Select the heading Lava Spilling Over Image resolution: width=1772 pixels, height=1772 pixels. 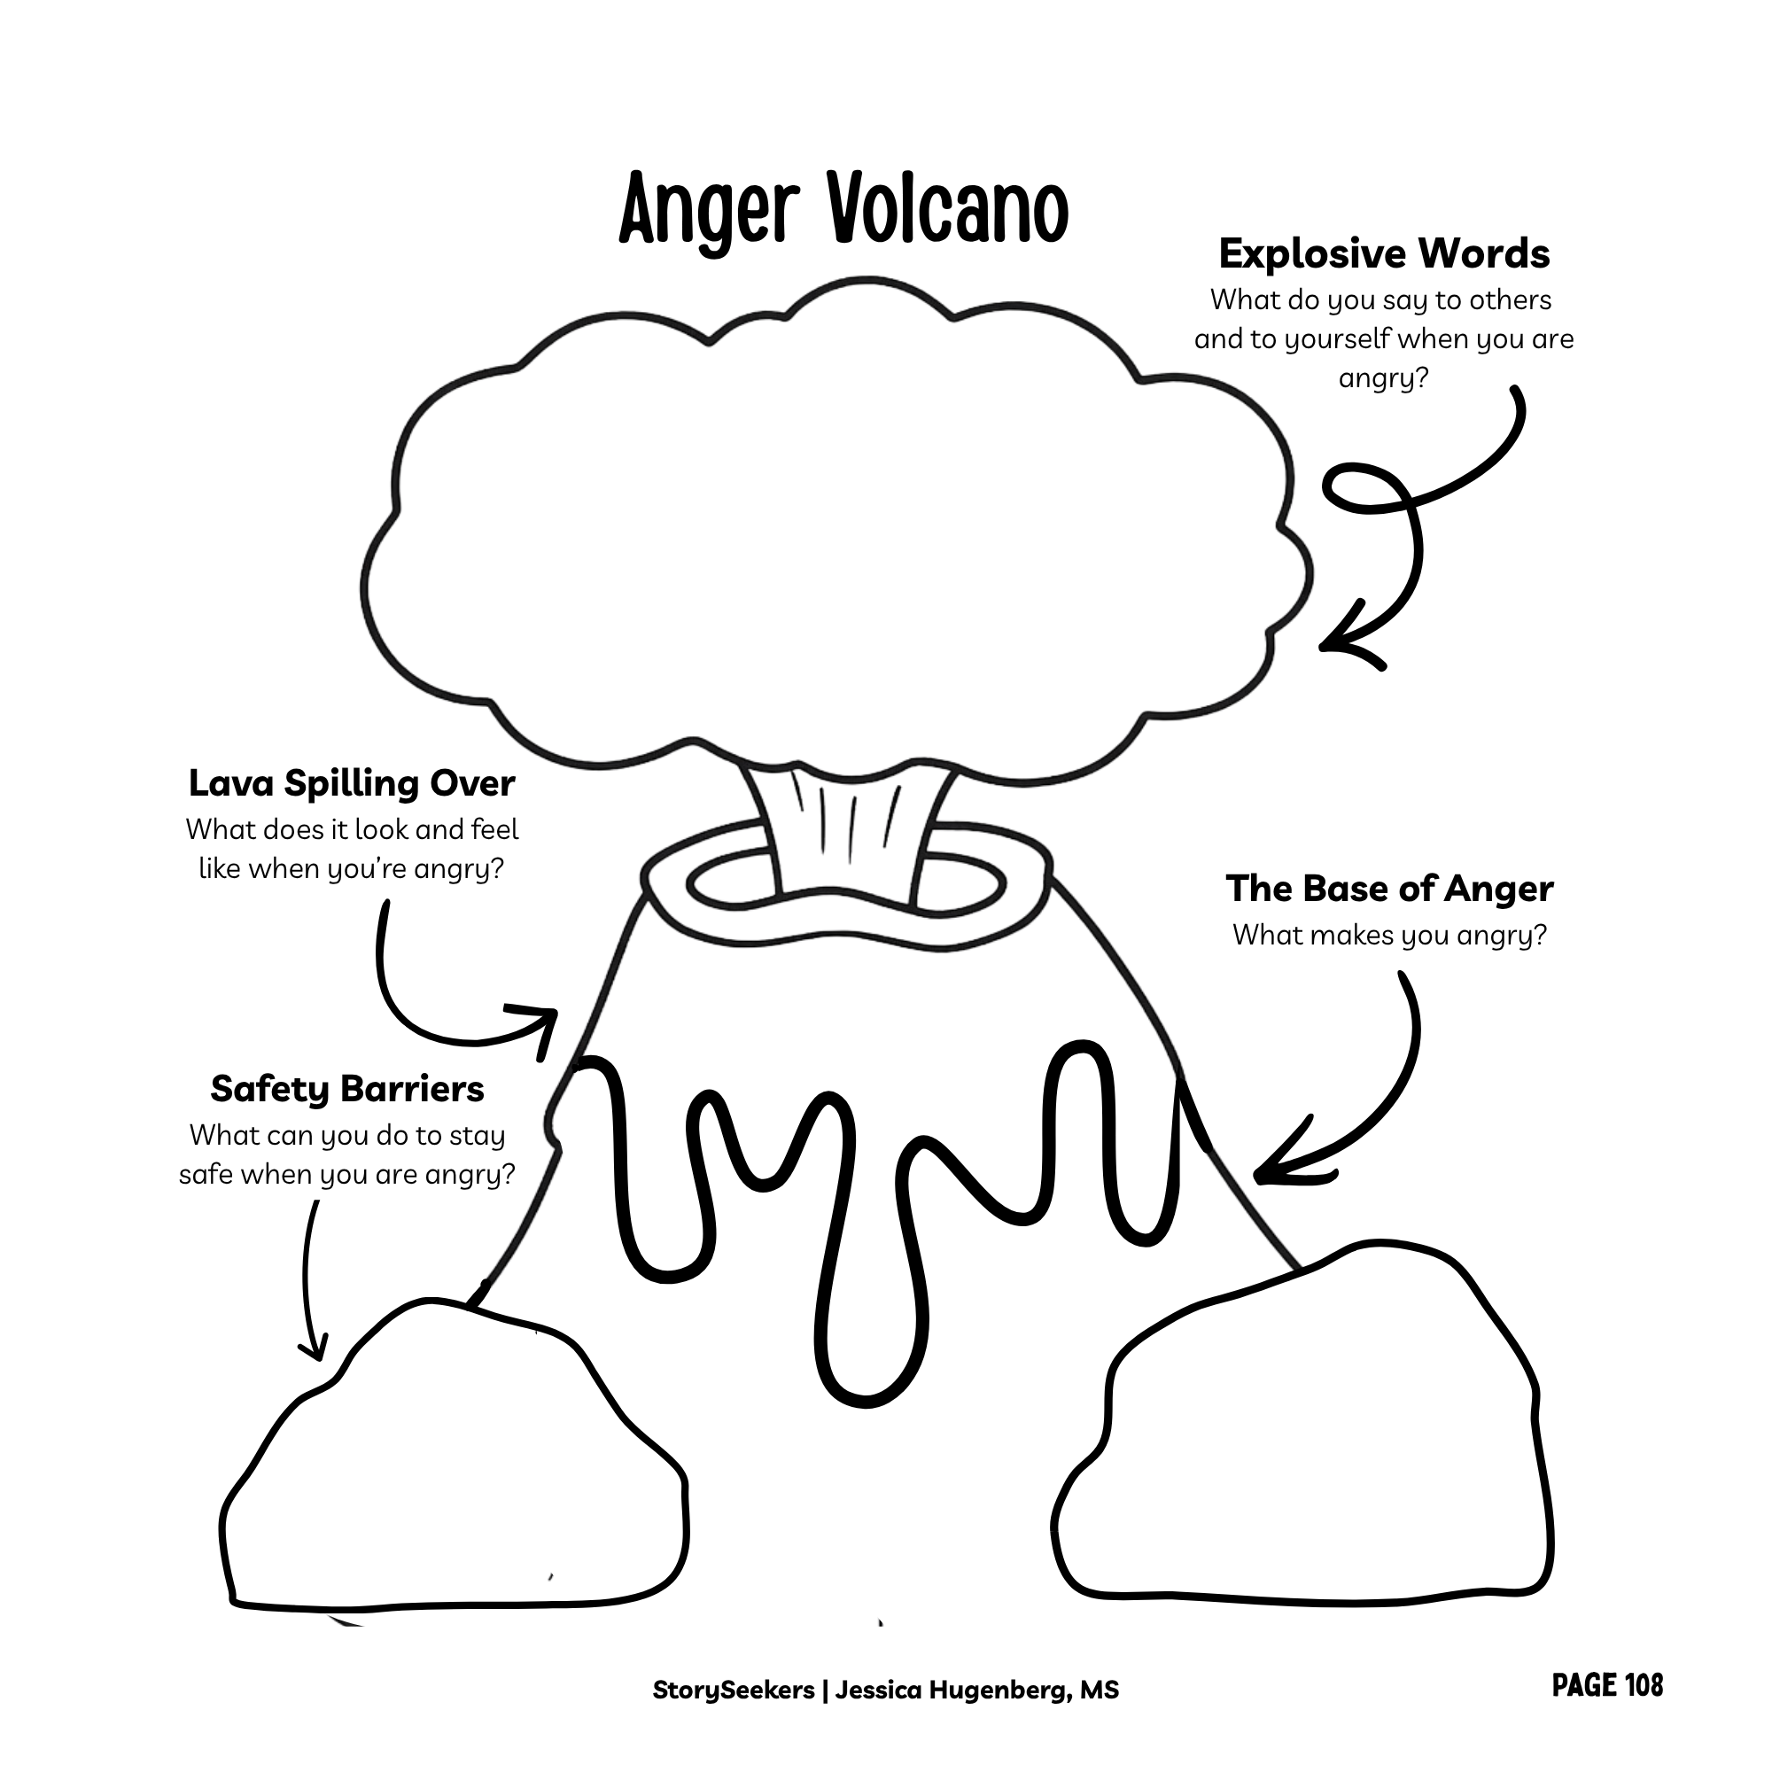351,784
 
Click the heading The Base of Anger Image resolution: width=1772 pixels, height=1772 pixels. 1389,889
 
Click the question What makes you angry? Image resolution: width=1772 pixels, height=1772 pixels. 1389,936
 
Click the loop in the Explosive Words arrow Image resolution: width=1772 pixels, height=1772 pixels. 1366,486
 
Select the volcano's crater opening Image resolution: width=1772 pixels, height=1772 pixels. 845,883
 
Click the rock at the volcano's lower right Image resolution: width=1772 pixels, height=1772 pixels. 1302,1426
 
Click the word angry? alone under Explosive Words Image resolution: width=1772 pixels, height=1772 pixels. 1384,379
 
